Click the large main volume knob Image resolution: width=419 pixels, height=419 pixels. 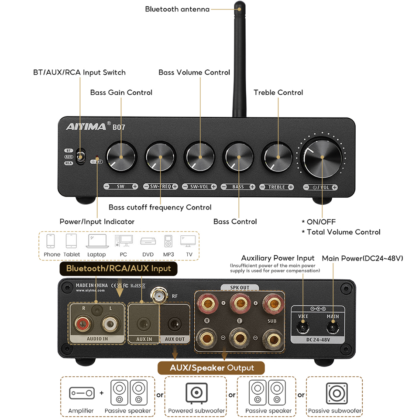(322, 157)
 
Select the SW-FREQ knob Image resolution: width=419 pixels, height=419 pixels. (161, 157)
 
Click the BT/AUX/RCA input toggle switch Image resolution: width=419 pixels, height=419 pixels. (80, 157)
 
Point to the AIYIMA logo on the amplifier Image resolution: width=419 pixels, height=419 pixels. (86, 127)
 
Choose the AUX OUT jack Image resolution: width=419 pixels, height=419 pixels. (175, 324)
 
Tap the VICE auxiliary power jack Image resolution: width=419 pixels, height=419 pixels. (303, 326)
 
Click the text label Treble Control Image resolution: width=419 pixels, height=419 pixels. (278, 93)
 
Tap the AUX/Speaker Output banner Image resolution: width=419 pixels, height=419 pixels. (211, 367)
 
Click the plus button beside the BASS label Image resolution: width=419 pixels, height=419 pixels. (252, 187)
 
